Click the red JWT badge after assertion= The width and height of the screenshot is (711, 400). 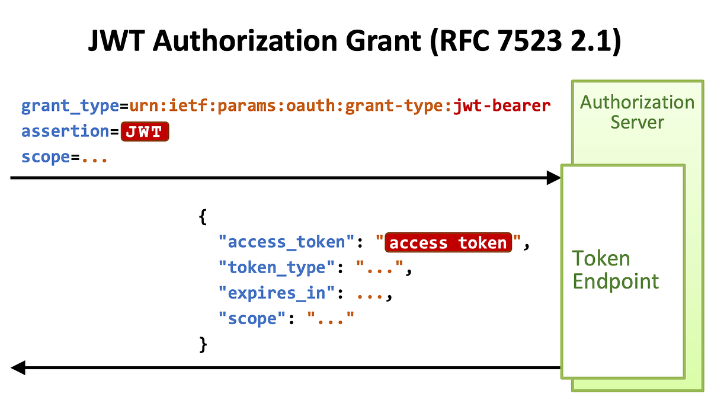coord(145,132)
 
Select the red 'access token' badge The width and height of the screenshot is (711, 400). coord(448,243)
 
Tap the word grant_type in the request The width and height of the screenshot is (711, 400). coord(70,107)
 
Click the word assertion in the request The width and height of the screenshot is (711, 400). coord(65,132)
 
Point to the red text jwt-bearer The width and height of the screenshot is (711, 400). coord(502,107)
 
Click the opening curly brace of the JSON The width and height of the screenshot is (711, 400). coord(203,217)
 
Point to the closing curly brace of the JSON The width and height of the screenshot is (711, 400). coord(203,344)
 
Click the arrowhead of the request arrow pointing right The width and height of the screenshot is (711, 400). coord(553,177)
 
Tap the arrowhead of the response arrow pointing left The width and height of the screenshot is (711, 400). coord(18,368)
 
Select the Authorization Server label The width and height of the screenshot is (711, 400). coord(637,112)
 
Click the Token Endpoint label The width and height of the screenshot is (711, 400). coord(615,270)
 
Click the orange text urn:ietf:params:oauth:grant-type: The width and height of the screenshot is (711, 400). coord(290,107)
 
